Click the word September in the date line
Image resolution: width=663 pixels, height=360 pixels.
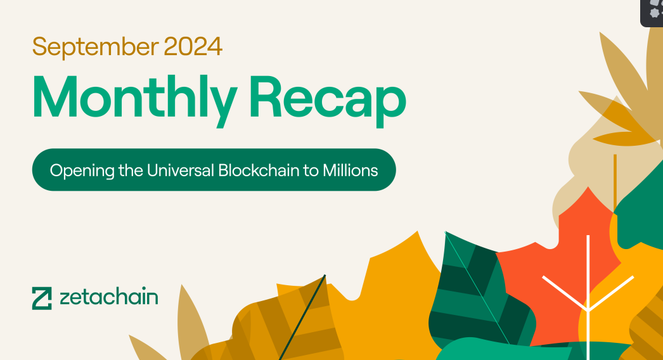coord(96,47)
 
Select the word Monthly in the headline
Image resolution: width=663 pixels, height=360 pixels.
coord(134,101)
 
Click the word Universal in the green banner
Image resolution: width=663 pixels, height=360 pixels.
coord(181,170)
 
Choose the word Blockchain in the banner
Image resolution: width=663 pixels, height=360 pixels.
coord(259,170)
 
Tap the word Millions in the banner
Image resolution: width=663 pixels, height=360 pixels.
coord(350,170)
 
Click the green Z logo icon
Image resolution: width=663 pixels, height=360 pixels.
coord(42,299)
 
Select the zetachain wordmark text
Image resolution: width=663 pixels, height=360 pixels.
coord(109,297)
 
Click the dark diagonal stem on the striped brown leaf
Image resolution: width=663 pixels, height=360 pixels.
coord(302,318)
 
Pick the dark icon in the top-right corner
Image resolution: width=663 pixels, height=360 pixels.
coord(652,13)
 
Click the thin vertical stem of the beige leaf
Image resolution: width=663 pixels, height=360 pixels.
coord(615,183)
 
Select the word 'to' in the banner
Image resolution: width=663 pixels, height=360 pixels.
coord(311,170)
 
